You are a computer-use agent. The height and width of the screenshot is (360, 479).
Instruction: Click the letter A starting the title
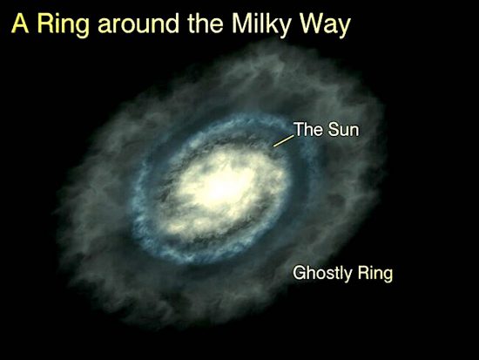[x=20, y=24]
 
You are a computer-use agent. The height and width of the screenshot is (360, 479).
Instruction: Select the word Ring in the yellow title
[x=64, y=25]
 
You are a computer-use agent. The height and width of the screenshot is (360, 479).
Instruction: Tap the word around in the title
[x=138, y=24]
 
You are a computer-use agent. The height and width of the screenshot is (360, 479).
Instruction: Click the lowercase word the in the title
[x=206, y=24]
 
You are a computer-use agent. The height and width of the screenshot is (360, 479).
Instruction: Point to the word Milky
[x=261, y=25]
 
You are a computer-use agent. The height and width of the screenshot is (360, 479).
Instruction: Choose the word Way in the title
[x=325, y=25]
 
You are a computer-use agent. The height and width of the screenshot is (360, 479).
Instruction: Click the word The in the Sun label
[x=308, y=129]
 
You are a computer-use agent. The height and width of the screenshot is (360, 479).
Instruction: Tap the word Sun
[x=343, y=129]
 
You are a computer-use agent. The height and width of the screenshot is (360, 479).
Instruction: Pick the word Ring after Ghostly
[x=375, y=273]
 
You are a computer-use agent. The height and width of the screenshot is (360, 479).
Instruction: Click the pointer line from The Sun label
[x=284, y=140]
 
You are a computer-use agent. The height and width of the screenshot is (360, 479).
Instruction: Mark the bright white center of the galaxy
[x=221, y=187]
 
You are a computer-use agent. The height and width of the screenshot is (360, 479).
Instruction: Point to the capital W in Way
[x=311, y=24]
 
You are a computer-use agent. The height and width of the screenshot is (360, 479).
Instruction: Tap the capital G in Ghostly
[x=300, y=272]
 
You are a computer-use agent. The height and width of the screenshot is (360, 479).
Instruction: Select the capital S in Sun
[x=333, y=129]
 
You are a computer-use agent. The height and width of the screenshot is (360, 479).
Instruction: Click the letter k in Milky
[x=273, y=24]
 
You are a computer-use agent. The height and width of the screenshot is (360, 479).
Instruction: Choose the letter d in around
[x=172, y=24]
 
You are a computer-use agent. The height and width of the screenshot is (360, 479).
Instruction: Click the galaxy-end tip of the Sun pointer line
[x=273, y=146]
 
